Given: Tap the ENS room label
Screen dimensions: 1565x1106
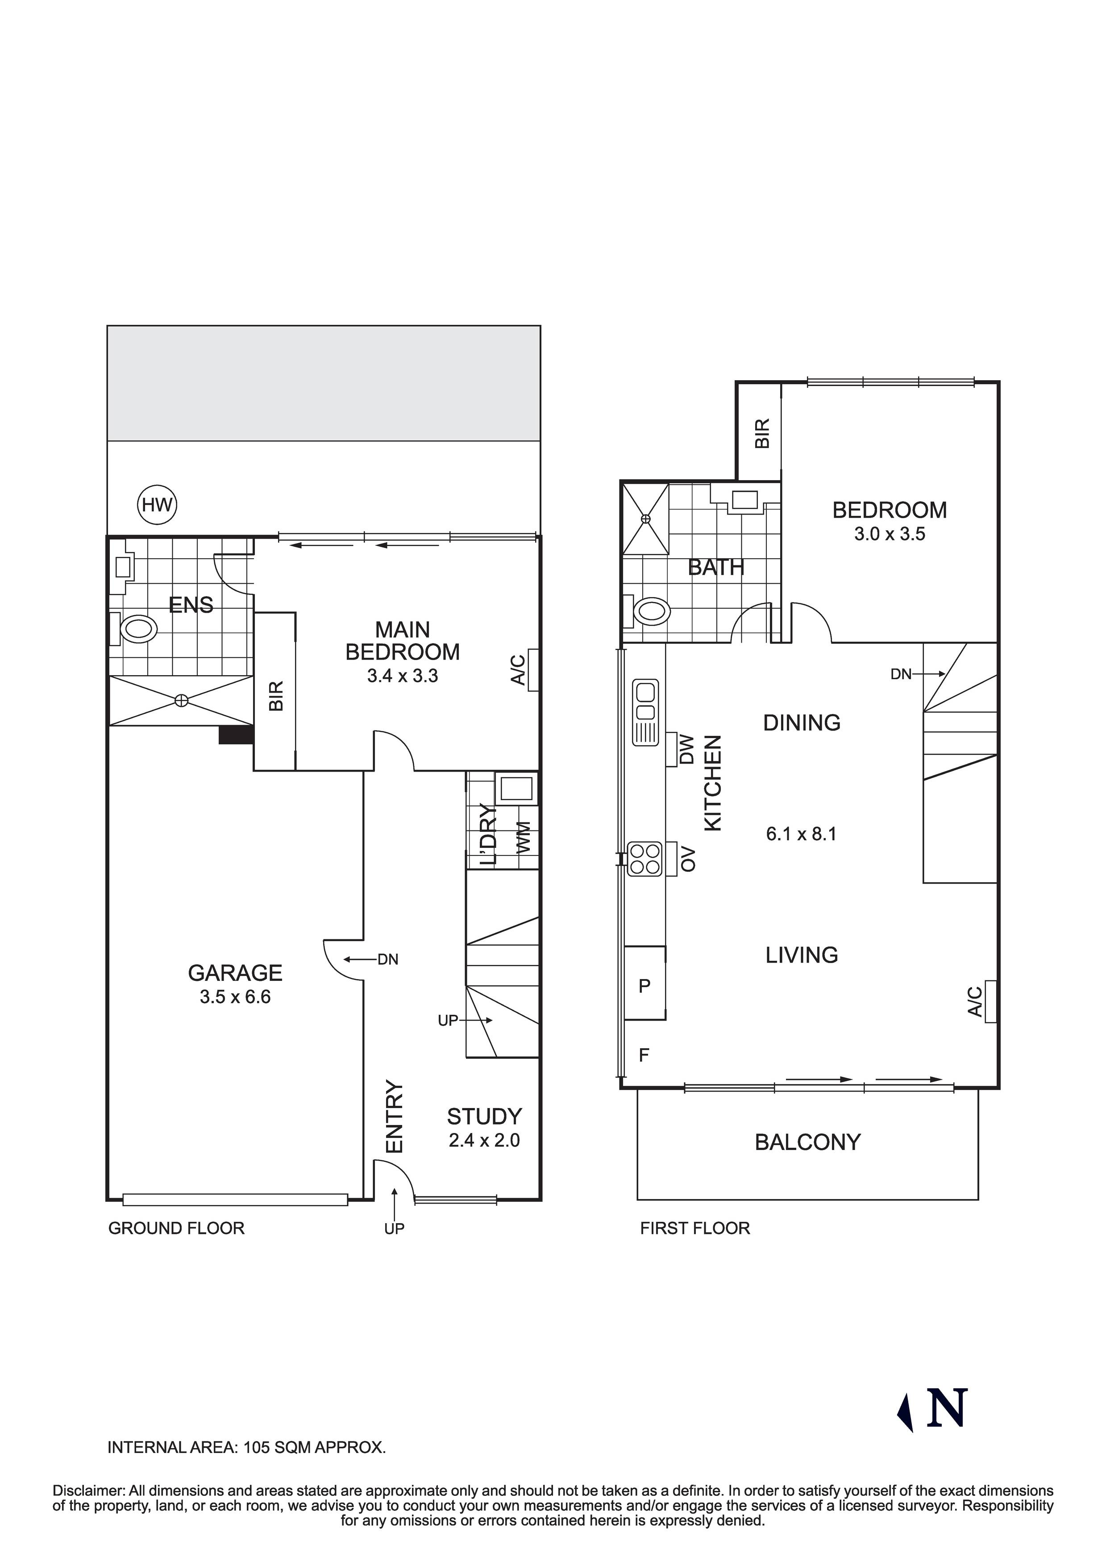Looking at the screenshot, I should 191,605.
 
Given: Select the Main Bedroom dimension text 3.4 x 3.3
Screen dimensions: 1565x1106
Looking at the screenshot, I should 402,676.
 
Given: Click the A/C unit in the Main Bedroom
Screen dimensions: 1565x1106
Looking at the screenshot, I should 532,670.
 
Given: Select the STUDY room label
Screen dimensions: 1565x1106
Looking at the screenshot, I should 484,1117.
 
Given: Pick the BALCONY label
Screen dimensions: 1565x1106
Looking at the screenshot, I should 807,1142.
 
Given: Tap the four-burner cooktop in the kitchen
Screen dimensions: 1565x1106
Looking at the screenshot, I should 645,858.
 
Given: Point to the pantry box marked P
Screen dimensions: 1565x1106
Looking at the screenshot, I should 644,986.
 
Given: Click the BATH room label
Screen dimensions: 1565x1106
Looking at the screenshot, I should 716,567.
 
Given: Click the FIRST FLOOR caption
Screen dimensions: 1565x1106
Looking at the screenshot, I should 695,1228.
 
